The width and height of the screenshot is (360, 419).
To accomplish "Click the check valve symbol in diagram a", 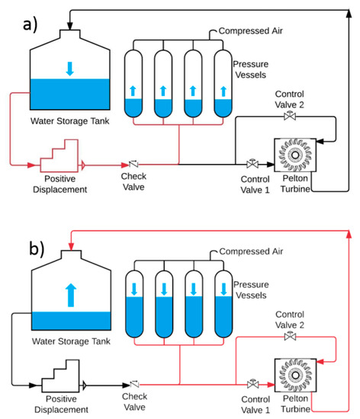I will pos(134,164).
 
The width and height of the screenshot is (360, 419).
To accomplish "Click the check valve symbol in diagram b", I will pos(134,382).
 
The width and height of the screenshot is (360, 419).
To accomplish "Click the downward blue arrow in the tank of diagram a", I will pos(70,69).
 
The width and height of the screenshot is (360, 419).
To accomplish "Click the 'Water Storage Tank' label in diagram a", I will pos(67,120).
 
